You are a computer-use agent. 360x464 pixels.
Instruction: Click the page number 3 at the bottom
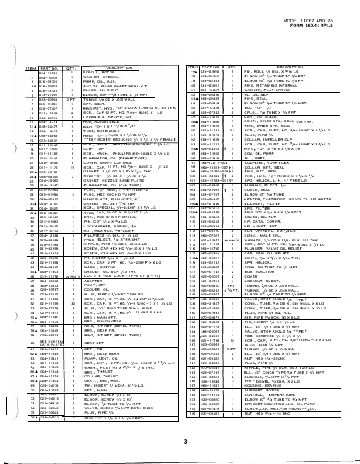[x=185, y=442]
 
